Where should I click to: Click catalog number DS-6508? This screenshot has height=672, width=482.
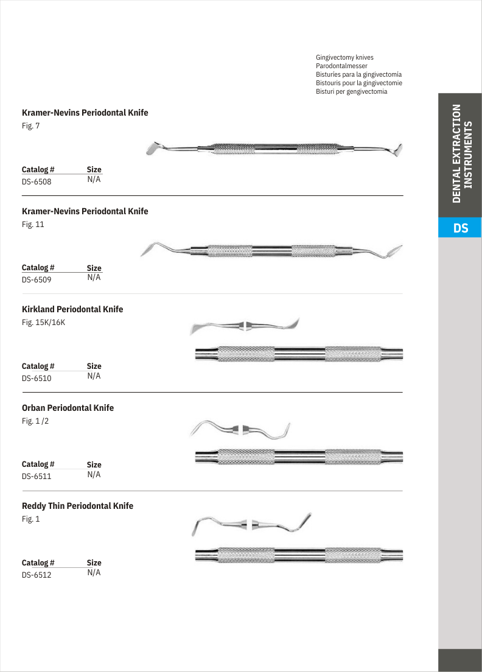pos(37,181)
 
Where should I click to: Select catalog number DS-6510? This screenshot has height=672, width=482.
pos(37,378)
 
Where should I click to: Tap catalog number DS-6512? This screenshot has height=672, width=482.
pos(37,575)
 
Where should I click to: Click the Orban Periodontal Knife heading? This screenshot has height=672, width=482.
pos(68,408)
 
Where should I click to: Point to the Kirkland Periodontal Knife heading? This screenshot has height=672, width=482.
pos(72,309)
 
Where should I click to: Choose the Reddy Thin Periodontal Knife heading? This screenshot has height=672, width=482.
pos(77,506)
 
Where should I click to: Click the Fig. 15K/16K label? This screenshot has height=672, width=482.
pos(43,323)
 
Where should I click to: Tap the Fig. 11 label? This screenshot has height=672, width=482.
pos(33,224)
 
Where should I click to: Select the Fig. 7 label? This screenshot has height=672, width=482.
pos(31,126)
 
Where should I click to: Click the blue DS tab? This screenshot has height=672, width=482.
pos(460,228)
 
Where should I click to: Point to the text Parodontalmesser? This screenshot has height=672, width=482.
pos(341,66)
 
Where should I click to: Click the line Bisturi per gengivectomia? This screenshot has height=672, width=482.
pos(351,91)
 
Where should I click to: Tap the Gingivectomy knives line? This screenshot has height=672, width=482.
pos(344,57)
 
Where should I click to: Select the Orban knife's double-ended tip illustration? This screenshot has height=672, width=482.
pos(242,429)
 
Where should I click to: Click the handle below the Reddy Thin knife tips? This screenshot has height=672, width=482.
pos(298,555)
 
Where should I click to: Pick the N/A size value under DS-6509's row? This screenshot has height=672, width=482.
pos(94,278)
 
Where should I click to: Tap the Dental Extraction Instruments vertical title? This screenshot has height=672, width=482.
pos(460,154)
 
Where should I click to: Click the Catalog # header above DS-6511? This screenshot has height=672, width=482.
pos(38,464)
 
